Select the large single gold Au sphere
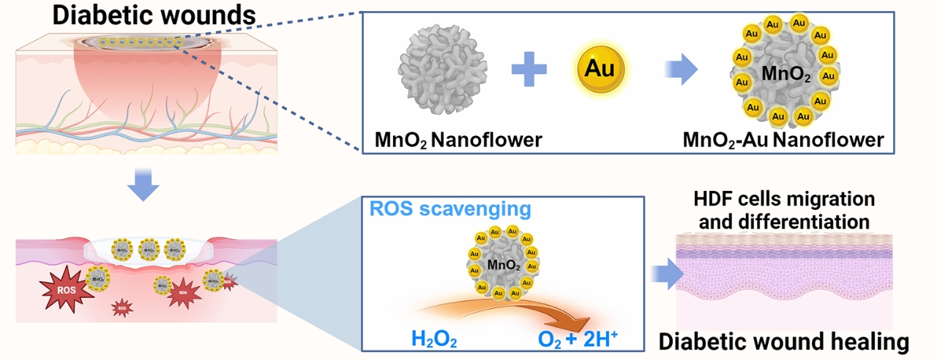pos(600,70)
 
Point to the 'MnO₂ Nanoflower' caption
pos(458,139)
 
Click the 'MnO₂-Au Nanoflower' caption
pos(782,139)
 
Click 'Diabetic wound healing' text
pos(784,341)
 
